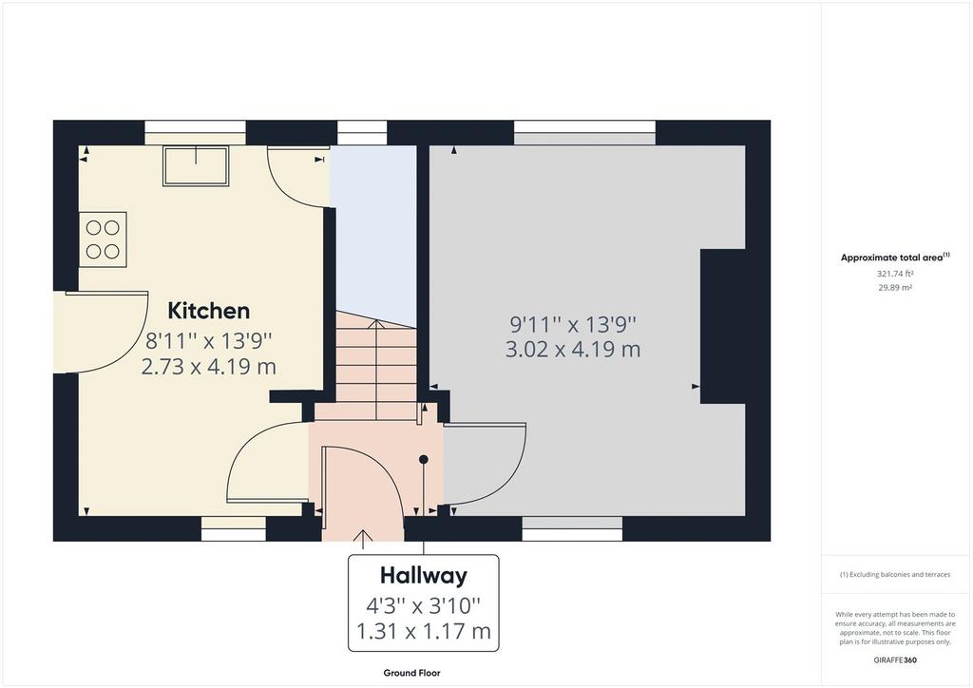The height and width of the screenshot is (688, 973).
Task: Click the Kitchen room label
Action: (x=209, y=310)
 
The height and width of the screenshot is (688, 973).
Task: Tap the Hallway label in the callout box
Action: (x=423, y=576)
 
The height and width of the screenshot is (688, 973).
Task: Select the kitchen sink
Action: (x=196, y=165)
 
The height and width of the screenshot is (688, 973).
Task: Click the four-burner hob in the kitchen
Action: (x=103, y=239)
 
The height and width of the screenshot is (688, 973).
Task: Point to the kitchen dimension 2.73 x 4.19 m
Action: (x=208, y=367)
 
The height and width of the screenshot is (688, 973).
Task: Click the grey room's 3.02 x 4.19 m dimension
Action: (x=573, y=350)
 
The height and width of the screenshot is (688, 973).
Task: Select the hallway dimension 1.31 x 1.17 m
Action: (x=423, y=632)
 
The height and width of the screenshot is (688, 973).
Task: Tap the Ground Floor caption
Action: (x=412, y=673)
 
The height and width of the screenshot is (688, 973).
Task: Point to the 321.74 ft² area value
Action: (x=895, y=273)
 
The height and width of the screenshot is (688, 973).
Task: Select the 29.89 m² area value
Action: (x=895, y=287)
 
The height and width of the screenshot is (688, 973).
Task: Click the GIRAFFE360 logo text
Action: (x=895, y=660)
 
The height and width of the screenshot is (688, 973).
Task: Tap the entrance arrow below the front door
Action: (x=362, y=540)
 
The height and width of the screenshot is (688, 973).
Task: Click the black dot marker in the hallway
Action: (x=424, y=460)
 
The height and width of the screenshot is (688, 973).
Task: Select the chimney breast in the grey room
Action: (x=723, y=326)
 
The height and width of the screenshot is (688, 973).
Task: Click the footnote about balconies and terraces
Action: (x=895, y=575)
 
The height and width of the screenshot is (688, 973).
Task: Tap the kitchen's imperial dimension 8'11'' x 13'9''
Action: (x=209, y=340)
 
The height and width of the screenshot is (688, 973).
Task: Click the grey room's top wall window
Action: (x=584, y=132)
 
